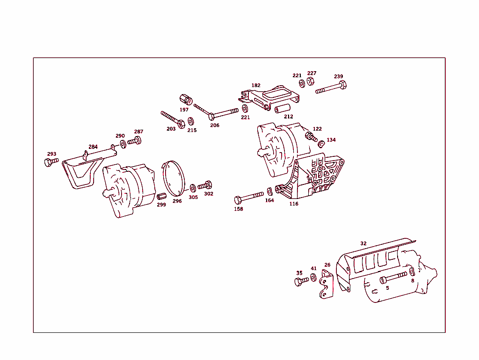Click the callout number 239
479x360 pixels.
[x=338, y=77]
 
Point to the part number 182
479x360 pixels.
[x=256, y=86]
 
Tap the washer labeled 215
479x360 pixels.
[x=191, y=121]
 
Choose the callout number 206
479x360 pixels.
[x=214, y=125]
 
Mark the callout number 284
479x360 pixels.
[x=93, y=147]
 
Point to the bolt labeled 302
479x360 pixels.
[x=205, y=185]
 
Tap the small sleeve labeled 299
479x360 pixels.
[x=161, y=196]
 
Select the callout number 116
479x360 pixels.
[x=294, y=204]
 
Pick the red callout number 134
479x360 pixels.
[x=331, y=140]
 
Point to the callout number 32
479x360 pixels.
[x=363, y=243]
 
